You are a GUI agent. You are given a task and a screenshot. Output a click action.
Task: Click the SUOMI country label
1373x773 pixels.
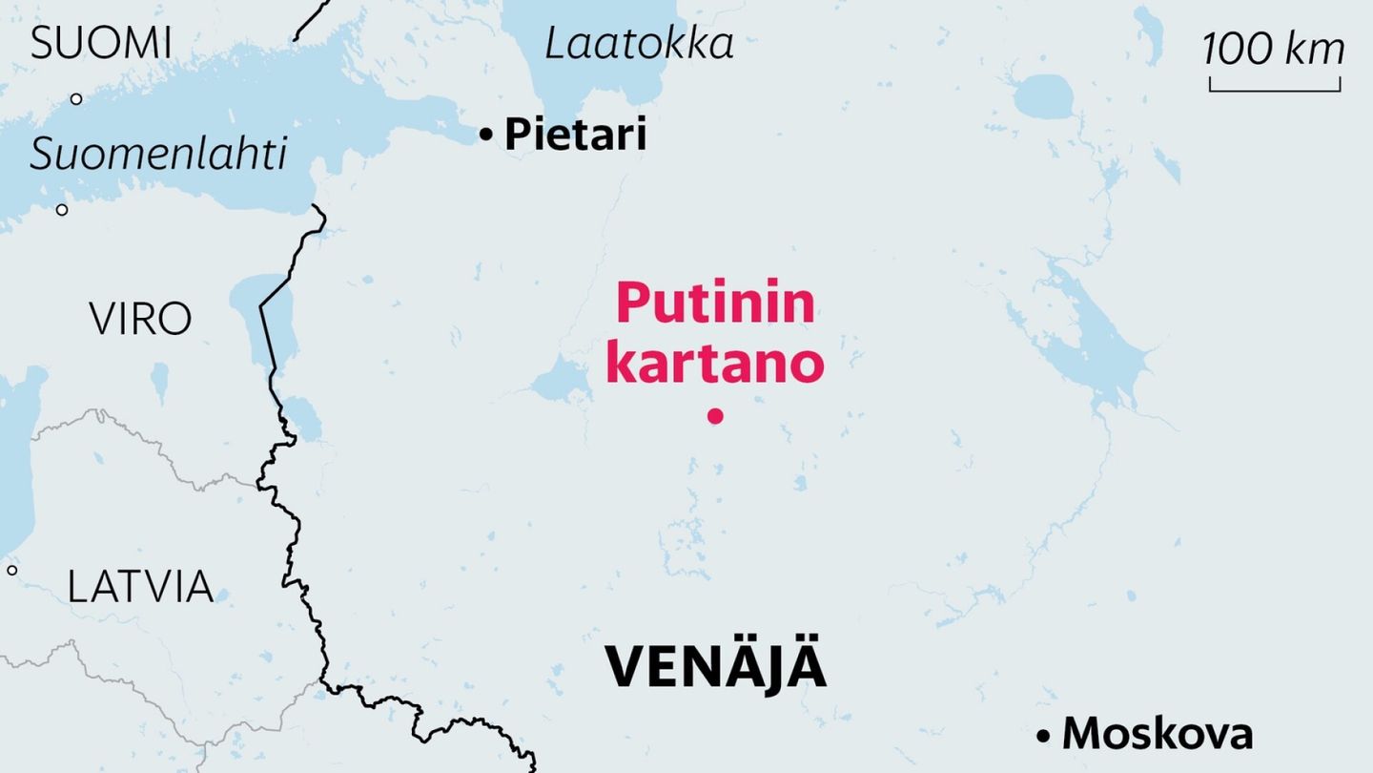click(101, 44)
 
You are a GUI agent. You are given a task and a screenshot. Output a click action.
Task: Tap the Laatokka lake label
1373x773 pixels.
click(639, 44)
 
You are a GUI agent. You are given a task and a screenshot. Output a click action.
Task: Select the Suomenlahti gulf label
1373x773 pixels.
click(158, 154)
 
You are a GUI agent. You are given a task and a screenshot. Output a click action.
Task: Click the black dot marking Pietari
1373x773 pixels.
click(486, 136)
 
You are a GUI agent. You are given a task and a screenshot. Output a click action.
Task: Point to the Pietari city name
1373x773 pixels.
click(575, 135)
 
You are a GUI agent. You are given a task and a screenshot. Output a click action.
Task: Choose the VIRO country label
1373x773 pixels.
click(140, 319)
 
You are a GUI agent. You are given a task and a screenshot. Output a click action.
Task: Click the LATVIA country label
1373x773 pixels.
click(140, 585)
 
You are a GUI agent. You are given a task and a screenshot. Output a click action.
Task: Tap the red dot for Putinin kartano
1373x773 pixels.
click(715, 415)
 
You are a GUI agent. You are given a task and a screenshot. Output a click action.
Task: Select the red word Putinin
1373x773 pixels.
click(715, 303)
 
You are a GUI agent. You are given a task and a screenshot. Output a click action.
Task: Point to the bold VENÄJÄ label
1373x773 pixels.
click(715, 666)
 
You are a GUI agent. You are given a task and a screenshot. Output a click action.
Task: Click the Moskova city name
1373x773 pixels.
click(1157, 734)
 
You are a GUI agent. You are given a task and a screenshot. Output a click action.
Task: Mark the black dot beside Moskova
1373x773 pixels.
click(1044, 736)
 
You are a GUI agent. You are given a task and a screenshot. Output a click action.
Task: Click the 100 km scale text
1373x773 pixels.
click(1274, 49)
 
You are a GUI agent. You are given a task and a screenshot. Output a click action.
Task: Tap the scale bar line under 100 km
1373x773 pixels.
click(1275, 91)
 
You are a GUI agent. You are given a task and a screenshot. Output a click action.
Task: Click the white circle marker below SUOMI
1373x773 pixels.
click(76, 98)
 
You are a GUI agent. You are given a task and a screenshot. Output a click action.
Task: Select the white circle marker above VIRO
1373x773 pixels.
click(62, 210)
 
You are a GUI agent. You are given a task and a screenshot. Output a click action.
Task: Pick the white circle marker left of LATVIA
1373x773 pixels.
click(11, 570)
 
